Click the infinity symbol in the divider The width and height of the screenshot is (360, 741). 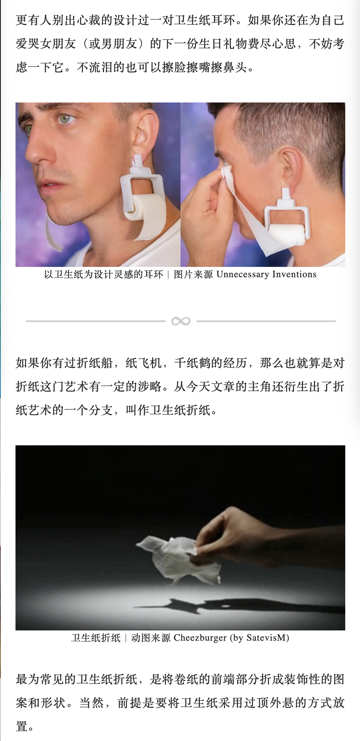pyautogui.click(x=181, y=321)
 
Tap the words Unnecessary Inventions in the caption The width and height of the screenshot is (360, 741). pyautogui.click(x=266, y=274)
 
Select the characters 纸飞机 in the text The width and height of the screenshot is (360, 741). pyautogui.click(x=143, y=363)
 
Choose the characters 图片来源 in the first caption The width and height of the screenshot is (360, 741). pyautogui.click(x=193, y=274)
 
